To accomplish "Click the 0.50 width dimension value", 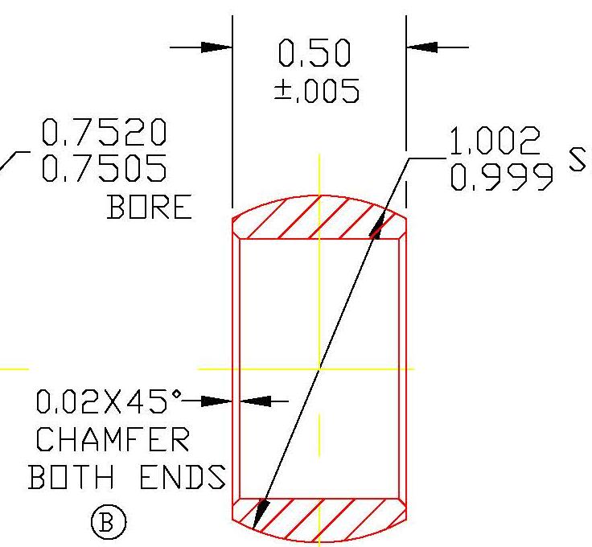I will click(314, 55).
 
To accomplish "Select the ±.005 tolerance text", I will click(317, 91).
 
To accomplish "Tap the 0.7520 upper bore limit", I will click(104, 131).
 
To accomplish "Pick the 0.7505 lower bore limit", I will click(104, 168).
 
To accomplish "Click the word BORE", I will click(150, 208).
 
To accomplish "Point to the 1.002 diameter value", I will click(494, 143).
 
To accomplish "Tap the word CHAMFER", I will click(113, 440).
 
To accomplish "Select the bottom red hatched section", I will click(319, 519).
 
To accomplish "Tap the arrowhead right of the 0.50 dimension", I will click(422, 47).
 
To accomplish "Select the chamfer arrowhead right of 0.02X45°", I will click(216, 400).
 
